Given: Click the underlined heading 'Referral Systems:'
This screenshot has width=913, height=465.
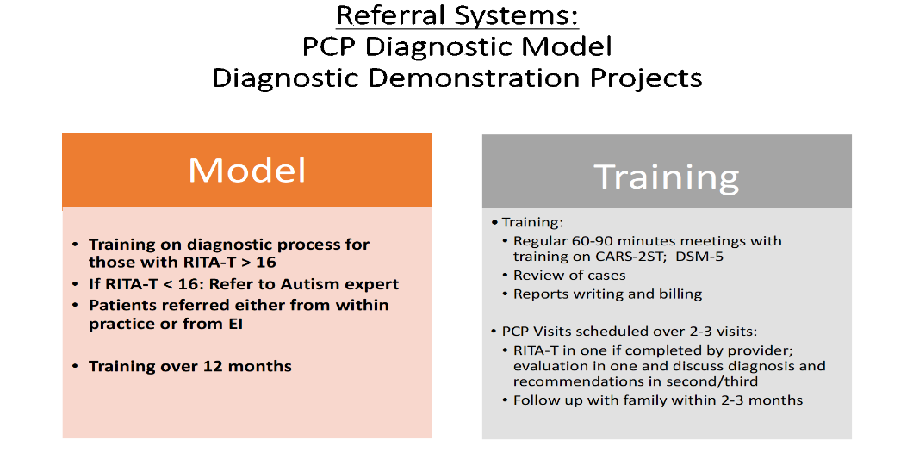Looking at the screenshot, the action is point(457,15).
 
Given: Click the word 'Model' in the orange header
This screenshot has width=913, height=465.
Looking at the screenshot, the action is point(247,170).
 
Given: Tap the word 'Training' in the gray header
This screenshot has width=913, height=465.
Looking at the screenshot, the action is point(667,177).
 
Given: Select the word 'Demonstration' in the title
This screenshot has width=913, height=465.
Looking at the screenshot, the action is point(474,78).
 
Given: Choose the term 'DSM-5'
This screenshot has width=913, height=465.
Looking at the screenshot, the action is point(699,257).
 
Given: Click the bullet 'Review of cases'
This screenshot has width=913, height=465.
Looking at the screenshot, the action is point(569,276).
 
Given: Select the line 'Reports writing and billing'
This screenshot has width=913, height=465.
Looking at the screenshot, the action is point(607,294).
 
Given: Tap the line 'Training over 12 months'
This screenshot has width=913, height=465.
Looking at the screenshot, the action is point(189,366).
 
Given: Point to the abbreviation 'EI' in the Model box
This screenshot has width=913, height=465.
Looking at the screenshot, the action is point(234,324).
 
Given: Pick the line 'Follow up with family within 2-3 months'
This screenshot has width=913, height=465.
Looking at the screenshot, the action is point(658,400).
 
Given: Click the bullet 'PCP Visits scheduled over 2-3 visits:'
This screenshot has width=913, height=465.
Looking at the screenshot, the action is point(630,332).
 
